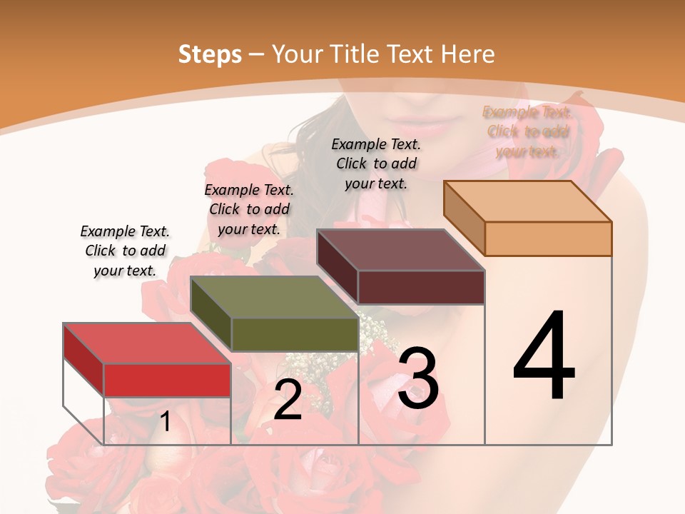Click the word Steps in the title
point(210,54)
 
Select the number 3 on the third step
point(418,378)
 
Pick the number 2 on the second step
point(288,400)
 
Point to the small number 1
point(165,422)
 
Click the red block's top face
point(146,343)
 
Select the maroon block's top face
point(400,250)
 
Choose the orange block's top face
point(528,201)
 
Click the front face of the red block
point(167,380)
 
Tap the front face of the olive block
point(295,334)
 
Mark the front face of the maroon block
point(421,287)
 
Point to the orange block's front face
point(548,238)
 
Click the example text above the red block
point(125,251)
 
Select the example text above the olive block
point(249,209)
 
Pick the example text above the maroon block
point(376,163)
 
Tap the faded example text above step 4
point(527,131)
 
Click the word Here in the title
point(467,54)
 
